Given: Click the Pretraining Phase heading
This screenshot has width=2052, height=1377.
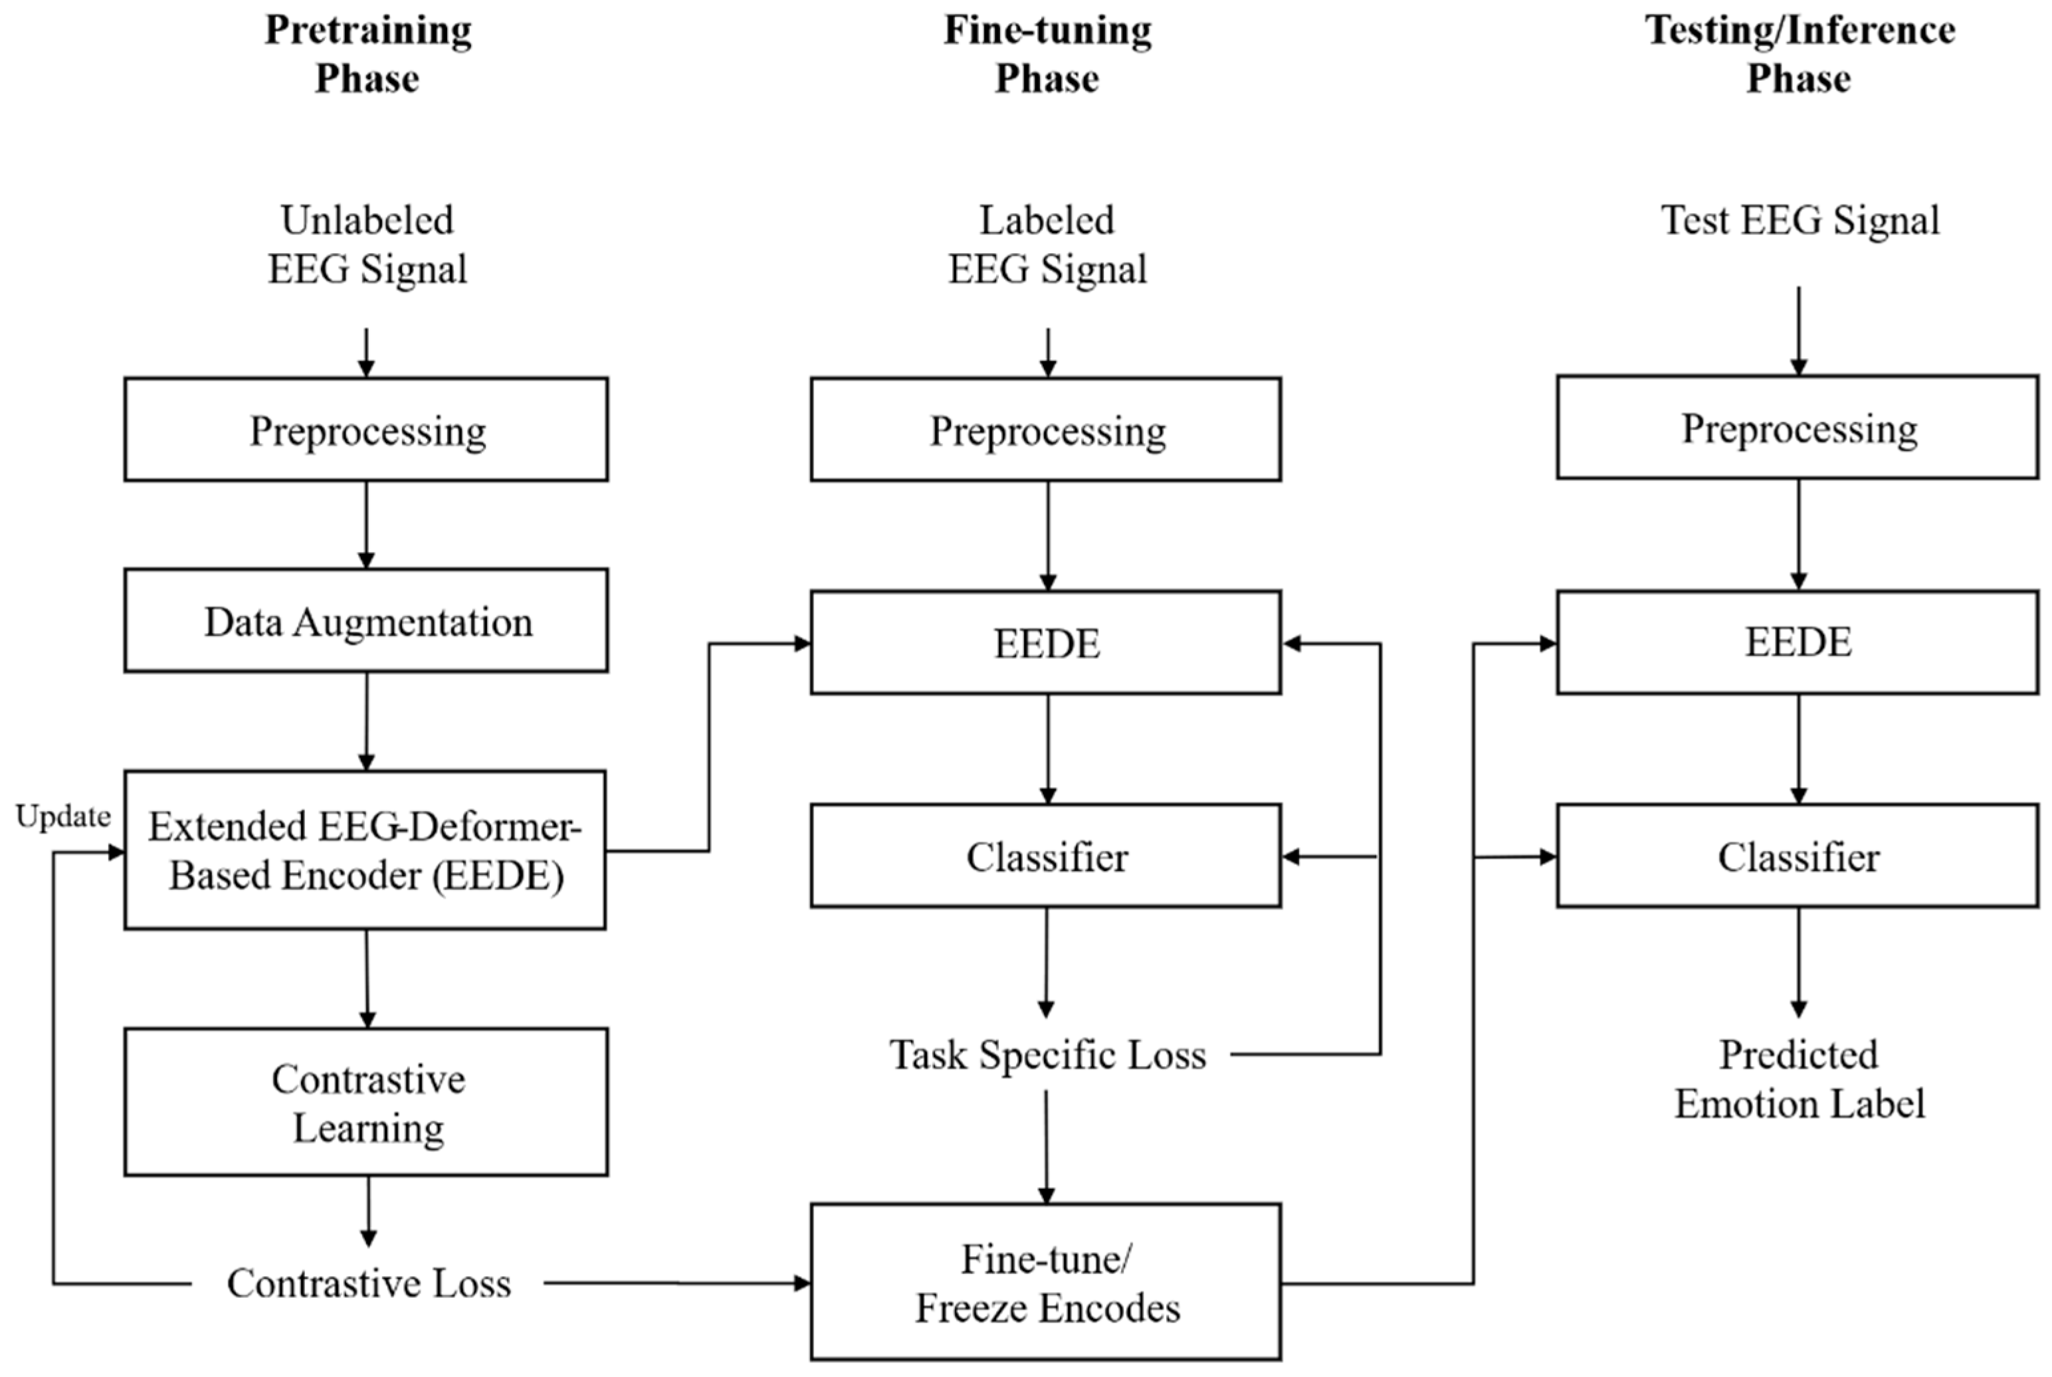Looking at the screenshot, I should click(x=367, y=54).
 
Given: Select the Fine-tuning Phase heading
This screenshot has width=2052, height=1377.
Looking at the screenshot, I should click(x=1047, y=54).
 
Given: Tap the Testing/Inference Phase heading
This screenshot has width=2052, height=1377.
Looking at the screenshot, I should click(x=1799, y=54).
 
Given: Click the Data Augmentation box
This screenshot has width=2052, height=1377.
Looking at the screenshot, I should click(x=366, y=621).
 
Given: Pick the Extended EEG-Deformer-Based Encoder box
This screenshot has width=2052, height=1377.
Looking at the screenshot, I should click(x=365, y=850).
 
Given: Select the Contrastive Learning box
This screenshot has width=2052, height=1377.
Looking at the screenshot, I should click(x=366, y=1102).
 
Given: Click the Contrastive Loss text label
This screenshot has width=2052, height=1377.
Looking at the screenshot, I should click(x=369, y=1283).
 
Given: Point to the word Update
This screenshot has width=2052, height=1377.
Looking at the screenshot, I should click(x=63, y=817).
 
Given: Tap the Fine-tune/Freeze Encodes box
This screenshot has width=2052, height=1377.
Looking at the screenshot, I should click(x=1046, y=1282).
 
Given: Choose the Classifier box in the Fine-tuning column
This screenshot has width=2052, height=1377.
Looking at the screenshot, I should click(x=1046, y=856).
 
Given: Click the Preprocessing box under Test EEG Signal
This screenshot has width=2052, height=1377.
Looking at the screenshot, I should click(x=1798, y=428).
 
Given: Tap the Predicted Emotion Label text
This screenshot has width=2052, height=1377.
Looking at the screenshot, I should click(x=1799, y=1078).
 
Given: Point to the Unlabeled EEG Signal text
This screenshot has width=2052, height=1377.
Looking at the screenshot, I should click(x=367, y=244).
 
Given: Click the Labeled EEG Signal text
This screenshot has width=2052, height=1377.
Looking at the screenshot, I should click(x=1047, y=244).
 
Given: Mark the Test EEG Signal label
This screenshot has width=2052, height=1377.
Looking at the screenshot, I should click(x=1799, y=221).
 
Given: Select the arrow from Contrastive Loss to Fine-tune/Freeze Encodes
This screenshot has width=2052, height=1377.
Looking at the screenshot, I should click(x=676, y=1283).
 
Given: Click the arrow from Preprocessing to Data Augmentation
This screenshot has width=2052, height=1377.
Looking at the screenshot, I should click(x=366, y=524).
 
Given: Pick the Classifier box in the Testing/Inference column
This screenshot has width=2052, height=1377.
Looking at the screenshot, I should click(x=1798, y=856).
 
